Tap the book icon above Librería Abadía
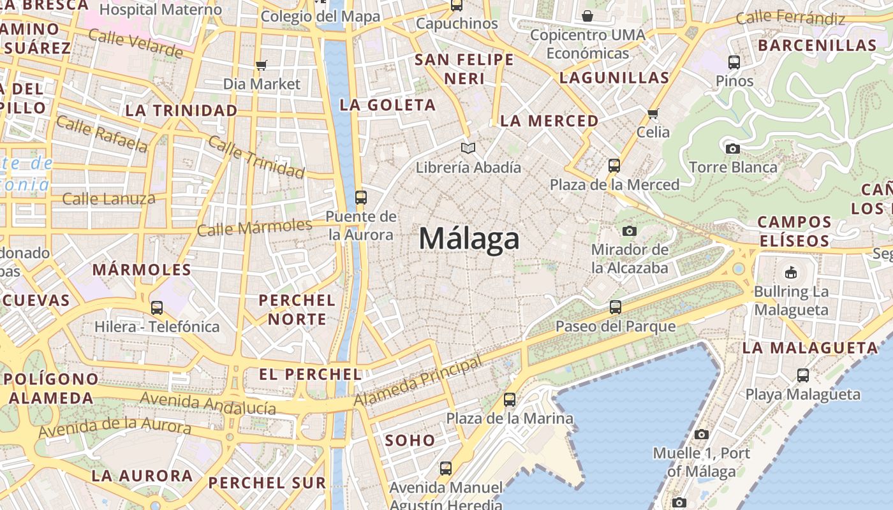[468, 149]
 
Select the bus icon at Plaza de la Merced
[614, 166]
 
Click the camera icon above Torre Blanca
[733, 149]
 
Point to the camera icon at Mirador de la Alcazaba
[630, 231]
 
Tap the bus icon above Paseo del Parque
[615, 307]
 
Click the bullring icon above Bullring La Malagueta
[791, 272]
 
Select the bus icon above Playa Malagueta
[802, 375]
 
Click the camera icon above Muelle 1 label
[702, 434]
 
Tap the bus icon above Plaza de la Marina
[509, 400]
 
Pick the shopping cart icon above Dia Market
[261, 65]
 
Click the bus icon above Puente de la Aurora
[361, 197]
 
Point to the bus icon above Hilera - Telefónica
[157, 308]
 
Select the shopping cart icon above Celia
[653, 113]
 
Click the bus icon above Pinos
[734, 62]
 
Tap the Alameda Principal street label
[418, 382]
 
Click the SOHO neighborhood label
[410, 440]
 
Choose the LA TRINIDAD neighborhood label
[181, 110]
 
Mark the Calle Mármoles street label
[255, 227]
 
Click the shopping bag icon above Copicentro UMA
[587, 15]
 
